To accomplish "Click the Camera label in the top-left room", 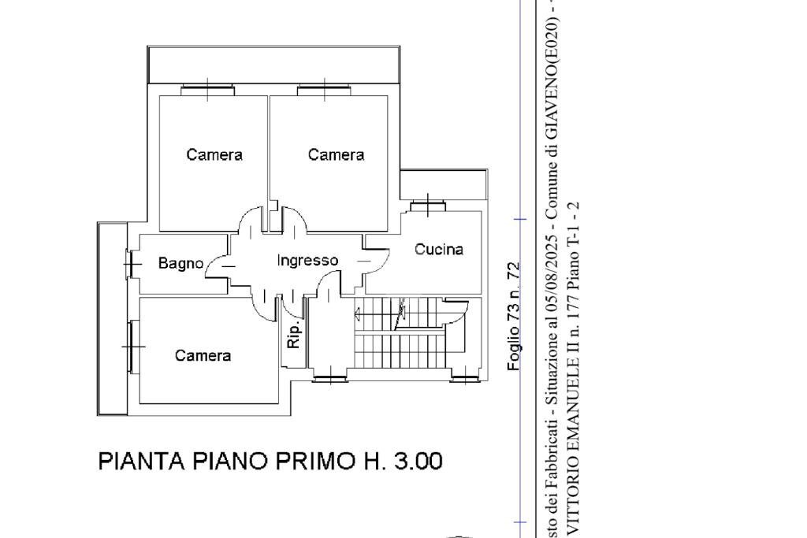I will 214,155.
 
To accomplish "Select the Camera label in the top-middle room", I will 336,155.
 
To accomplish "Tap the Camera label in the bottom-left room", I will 203,356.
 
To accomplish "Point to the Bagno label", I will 180,264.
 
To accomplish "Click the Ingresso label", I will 307,260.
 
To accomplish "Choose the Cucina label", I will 439,250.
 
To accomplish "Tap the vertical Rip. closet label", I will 294,336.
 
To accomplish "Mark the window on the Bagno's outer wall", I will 131,264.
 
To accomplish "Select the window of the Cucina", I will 426,207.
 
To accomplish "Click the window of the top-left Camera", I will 207,90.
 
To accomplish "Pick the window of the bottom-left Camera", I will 132,346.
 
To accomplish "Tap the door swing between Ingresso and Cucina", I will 377,256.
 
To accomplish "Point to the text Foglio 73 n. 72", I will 514,317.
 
